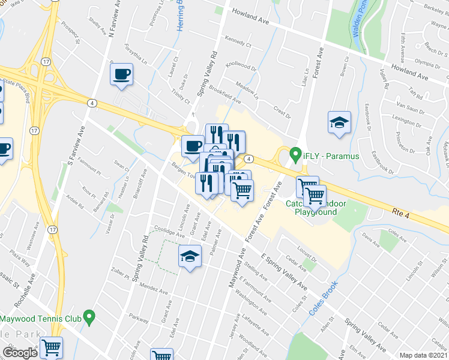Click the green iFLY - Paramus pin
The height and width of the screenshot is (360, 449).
tap(295, 154)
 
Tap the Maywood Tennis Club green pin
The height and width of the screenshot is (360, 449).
tap(89, 315)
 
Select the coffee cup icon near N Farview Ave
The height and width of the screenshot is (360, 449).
tap(121, 74)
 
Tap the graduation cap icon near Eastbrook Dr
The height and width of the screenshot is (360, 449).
tap(339, 122)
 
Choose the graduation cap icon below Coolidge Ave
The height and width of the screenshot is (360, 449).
tap(189, 257)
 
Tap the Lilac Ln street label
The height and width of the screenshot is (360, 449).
tap(307, 76)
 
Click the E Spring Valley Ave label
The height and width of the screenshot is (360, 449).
tap(284, 274)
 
